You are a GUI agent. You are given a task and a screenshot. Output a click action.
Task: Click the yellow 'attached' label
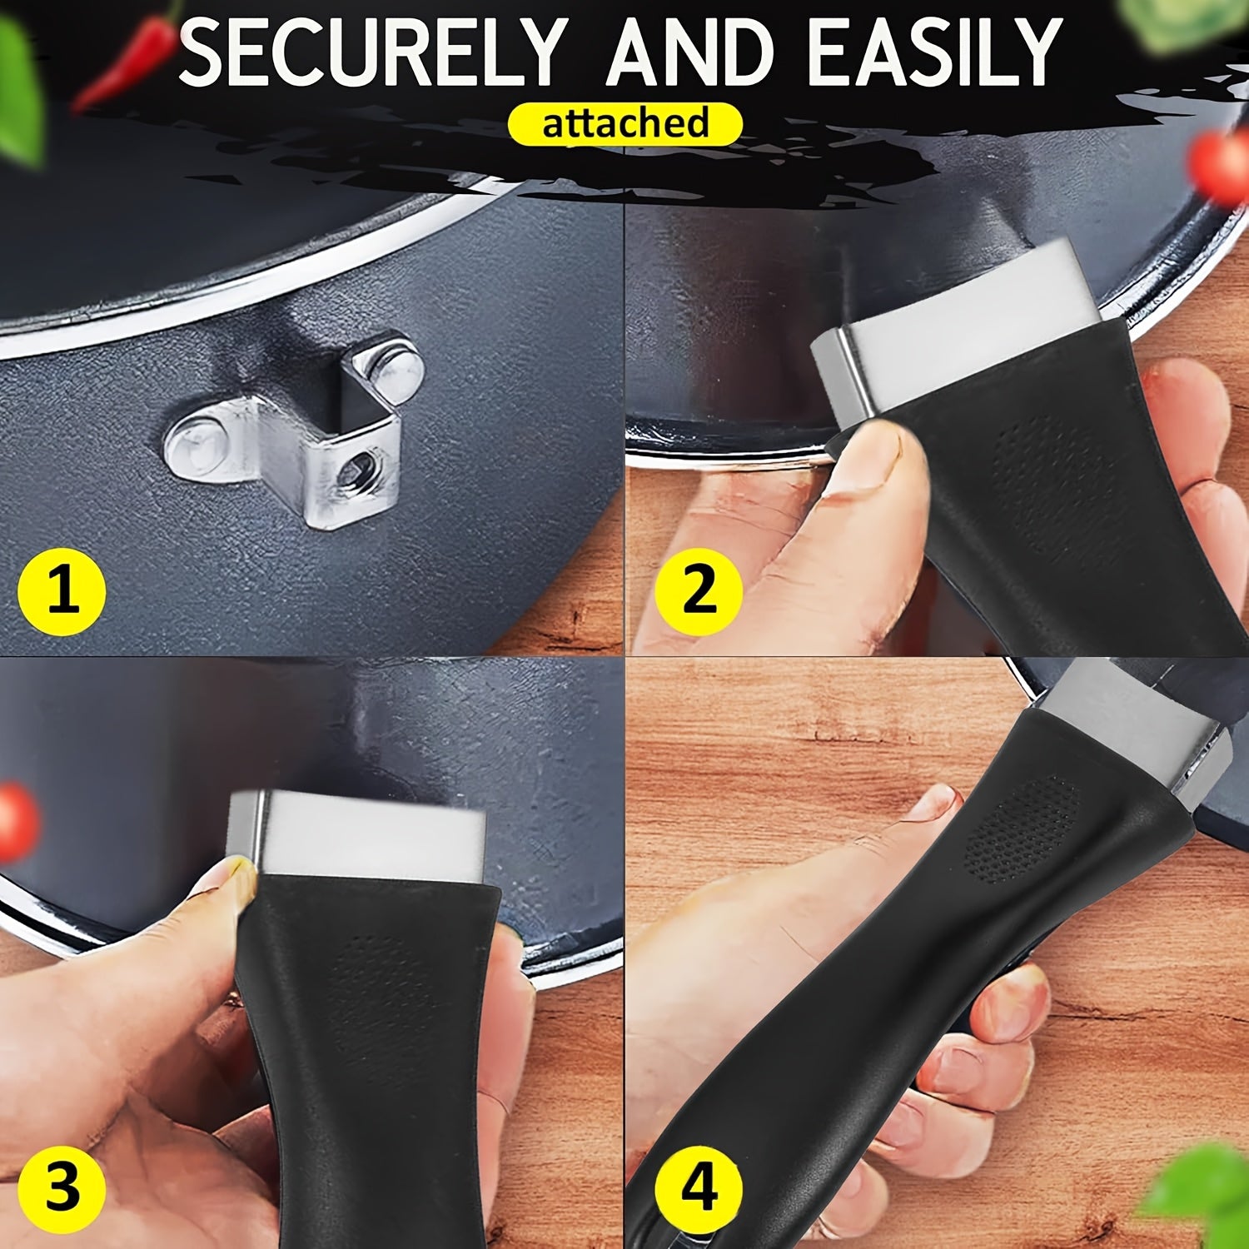[624, 123]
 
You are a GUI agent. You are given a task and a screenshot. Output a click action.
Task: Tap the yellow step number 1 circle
[62, 594]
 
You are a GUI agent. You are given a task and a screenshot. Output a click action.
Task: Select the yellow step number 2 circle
[698, 590]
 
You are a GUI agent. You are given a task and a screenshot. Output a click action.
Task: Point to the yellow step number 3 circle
[62, 1187]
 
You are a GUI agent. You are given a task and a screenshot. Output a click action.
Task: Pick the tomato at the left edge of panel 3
[17, 821]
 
